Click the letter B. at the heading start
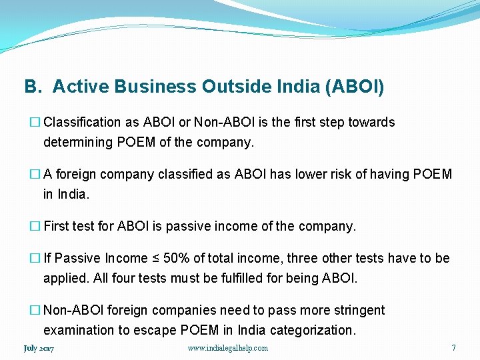click(33, 87)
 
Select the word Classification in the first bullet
click(82, 123)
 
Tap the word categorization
click(313, 330)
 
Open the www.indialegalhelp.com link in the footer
click(228, 348)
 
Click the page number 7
click(453, 347)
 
